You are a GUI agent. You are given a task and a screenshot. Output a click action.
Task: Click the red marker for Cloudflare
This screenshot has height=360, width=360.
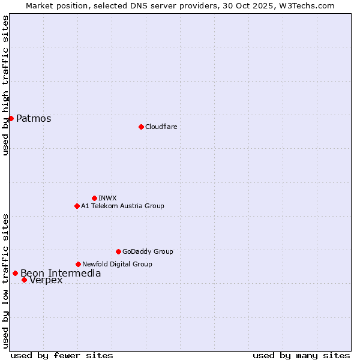pyautogui.click(x=141, y=127)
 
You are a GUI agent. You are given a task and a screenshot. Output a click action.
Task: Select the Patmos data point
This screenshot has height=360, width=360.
pyautogui.click(x=11, y=118)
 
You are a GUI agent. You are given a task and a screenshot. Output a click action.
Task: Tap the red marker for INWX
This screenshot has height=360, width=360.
pyautogui.click(x=94, y=198)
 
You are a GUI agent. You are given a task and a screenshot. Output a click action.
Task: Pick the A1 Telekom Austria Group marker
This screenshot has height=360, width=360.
pyautogui.click(x=77, y=206)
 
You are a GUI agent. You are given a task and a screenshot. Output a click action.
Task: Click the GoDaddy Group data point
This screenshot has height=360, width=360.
pyautogui.click(x=118, y=251)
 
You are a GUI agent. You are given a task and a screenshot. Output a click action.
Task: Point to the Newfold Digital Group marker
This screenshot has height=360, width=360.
pyautogui.click(x=78, y=264)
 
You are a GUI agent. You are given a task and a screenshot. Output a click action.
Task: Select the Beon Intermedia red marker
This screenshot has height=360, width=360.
pyautogui.click(x=15, y=273)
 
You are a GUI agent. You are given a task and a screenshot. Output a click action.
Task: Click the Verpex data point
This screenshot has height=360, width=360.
pyautogui.click(x=24, y=280)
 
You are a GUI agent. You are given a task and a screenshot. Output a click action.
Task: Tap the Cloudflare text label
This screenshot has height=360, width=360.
pyautogui.click(x=161, y=127)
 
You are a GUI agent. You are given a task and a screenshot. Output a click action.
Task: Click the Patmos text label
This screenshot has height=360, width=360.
pyautogui.click(x=34, y=118)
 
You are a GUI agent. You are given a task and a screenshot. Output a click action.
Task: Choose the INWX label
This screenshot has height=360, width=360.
pyautogui.click(x=107, y=198)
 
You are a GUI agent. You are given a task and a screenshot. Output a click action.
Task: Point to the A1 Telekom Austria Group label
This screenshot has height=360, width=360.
pyautogui.click(x=122, y=206)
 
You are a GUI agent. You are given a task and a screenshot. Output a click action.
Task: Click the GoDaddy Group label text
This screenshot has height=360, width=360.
pyautogui.click(x=148, y=251)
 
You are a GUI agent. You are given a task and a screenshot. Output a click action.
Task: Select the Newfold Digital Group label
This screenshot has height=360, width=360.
pyautogui.click(x=117, y=264)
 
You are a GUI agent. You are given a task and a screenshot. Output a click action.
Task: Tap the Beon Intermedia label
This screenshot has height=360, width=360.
pyautogui.click(x=61, y=274)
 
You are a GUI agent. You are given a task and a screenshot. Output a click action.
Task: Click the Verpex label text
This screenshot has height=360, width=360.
pyautogui.click(x=46, y=280)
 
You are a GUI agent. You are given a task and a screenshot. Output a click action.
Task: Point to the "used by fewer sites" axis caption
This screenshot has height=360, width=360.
pyautogui.click(x=62, y=355)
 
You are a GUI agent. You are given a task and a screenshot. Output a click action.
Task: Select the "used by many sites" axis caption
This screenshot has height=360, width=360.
pyautogui.click(x=301, y=355)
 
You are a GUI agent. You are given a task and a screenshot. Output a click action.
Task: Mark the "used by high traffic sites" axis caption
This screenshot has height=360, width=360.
pyautogui.click(x=5, y=85)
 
